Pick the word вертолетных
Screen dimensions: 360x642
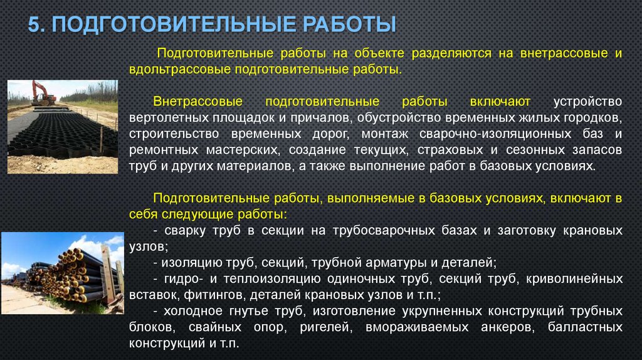tap(166, 117)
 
